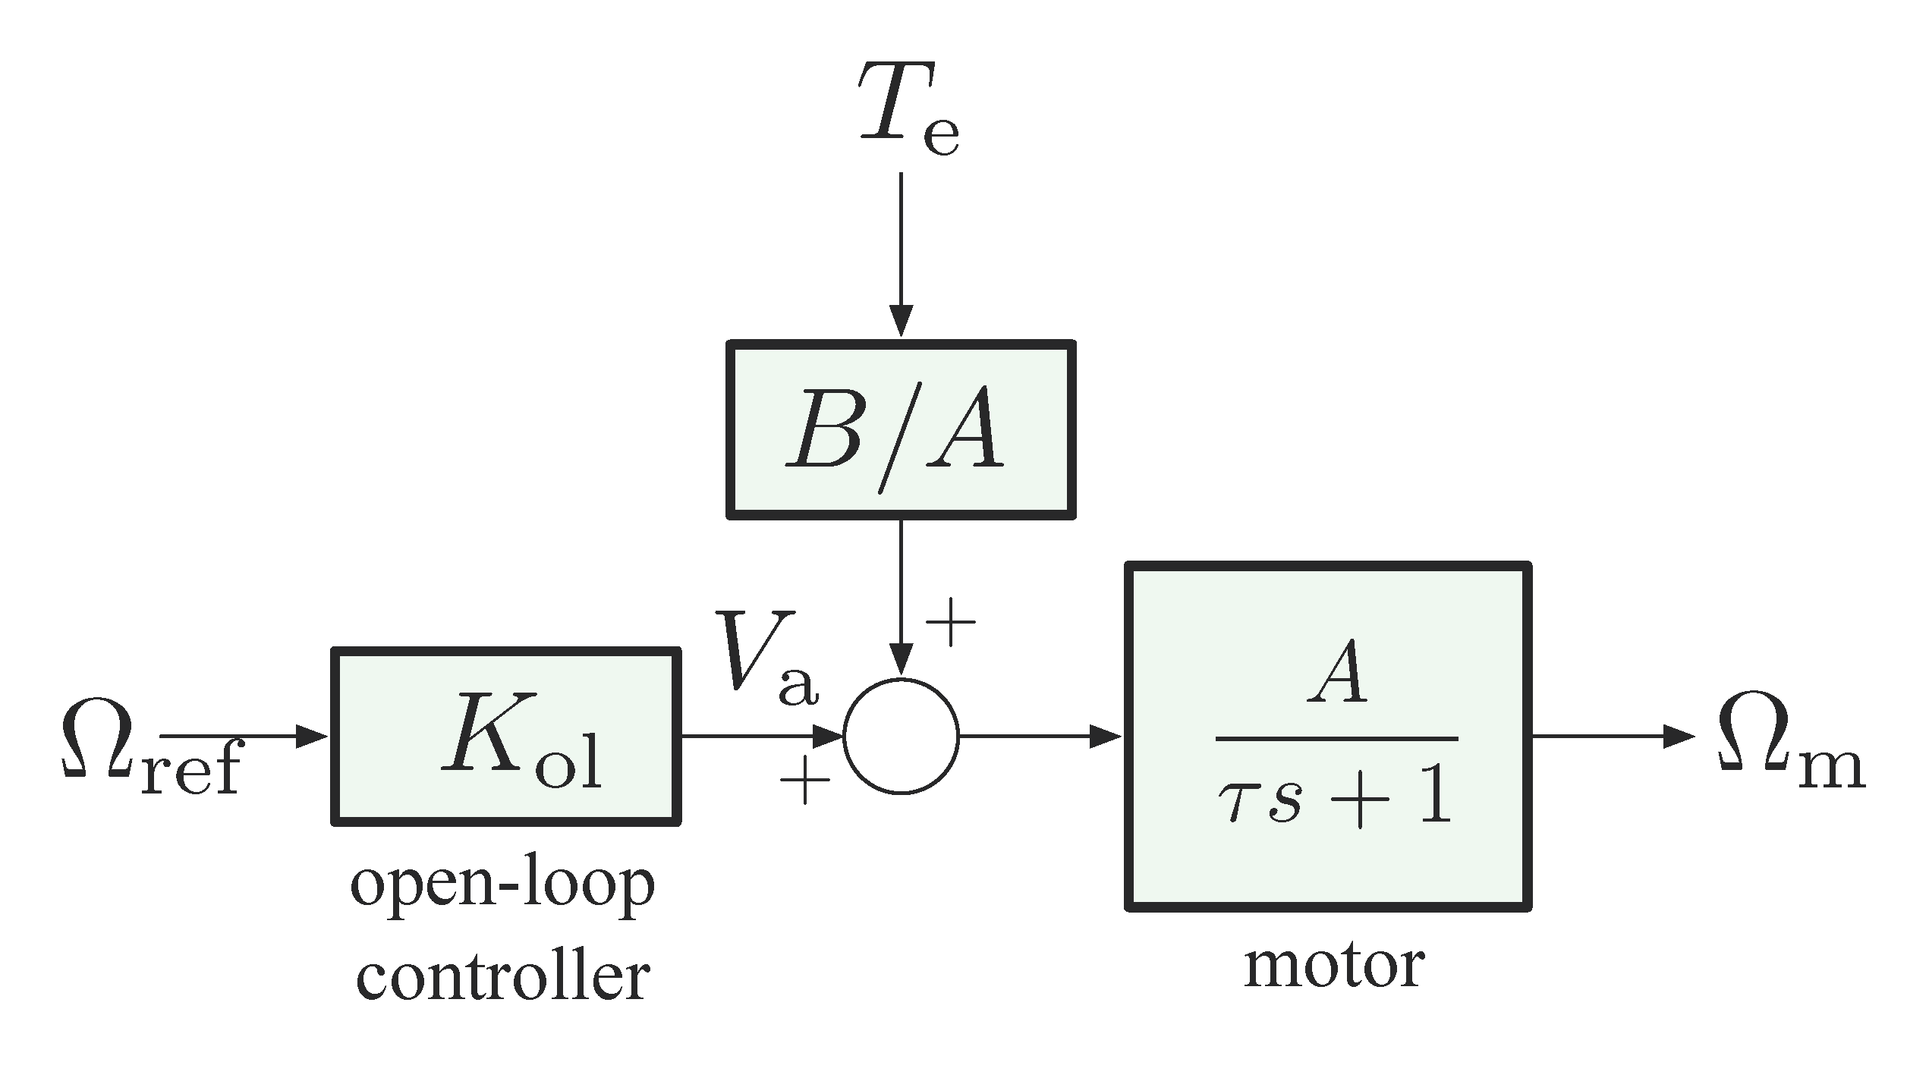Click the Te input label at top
[x=908, y=112]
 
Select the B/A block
[x=901, y=429]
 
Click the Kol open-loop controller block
[x=505, y=737]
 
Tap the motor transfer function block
[x=1328, y=737]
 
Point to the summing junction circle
[x=901, y=736]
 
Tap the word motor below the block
[x=1334, y=966]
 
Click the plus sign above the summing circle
[x=950, y=621]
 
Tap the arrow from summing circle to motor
[x=1040, y=736]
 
